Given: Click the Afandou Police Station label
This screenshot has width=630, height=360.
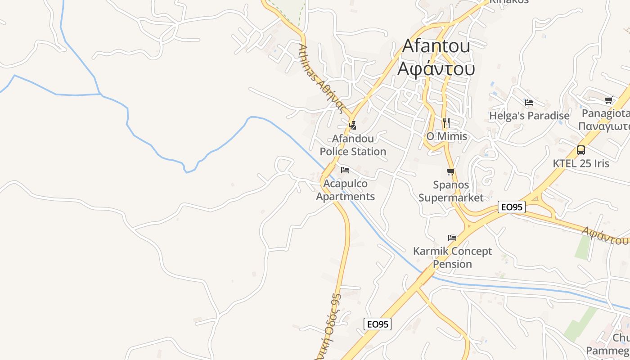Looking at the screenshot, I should click(353, 145).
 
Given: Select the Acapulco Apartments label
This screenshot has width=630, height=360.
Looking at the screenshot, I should click(345, 190).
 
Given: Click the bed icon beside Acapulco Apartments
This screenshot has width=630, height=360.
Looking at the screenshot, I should click(345, 170).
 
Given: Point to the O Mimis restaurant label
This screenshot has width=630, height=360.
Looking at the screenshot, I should click(446, 136).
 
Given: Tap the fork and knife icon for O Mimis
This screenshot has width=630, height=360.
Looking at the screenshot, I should click(446, 122).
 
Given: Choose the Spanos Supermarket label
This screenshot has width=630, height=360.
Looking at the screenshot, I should click(451, 191).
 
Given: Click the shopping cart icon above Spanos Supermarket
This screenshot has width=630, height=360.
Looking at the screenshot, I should click(450, 172).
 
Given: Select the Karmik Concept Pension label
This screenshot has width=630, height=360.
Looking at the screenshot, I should click(452, 257).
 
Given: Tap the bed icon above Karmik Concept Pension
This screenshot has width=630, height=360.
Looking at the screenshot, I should click(452, 238).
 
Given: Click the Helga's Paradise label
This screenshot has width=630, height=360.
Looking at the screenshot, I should click(529, 116).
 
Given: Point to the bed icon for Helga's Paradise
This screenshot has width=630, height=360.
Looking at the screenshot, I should click(529, 103).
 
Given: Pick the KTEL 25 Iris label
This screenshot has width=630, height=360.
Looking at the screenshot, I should click(581, 163).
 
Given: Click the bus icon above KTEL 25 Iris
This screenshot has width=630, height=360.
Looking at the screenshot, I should click(581, 150).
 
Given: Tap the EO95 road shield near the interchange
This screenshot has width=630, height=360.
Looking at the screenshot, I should click(512, 207).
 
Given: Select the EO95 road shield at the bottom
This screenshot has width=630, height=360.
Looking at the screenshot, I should click(377, 324).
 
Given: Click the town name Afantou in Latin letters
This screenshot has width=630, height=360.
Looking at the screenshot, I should click(436, 46).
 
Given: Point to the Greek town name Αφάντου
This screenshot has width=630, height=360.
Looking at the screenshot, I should click(436, 69).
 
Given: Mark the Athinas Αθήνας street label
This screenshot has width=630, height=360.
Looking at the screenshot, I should click(321, 80).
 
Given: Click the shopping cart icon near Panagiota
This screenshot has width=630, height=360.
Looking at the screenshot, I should click(608, 100).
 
